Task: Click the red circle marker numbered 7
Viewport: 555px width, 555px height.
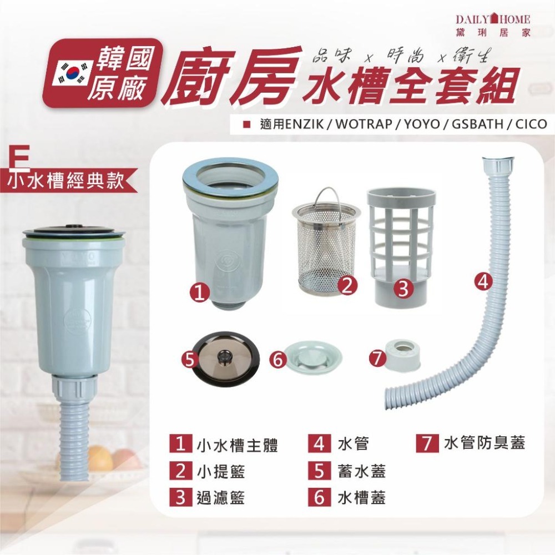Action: (x=377, y=359)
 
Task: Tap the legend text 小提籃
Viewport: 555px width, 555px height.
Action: (x=221, y=472)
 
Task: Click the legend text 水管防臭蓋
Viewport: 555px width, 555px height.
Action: (x=484, y=444)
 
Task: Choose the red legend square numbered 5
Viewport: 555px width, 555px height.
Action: (x=319, y=471)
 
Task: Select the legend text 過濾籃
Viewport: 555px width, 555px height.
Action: (x=221, y=497)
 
